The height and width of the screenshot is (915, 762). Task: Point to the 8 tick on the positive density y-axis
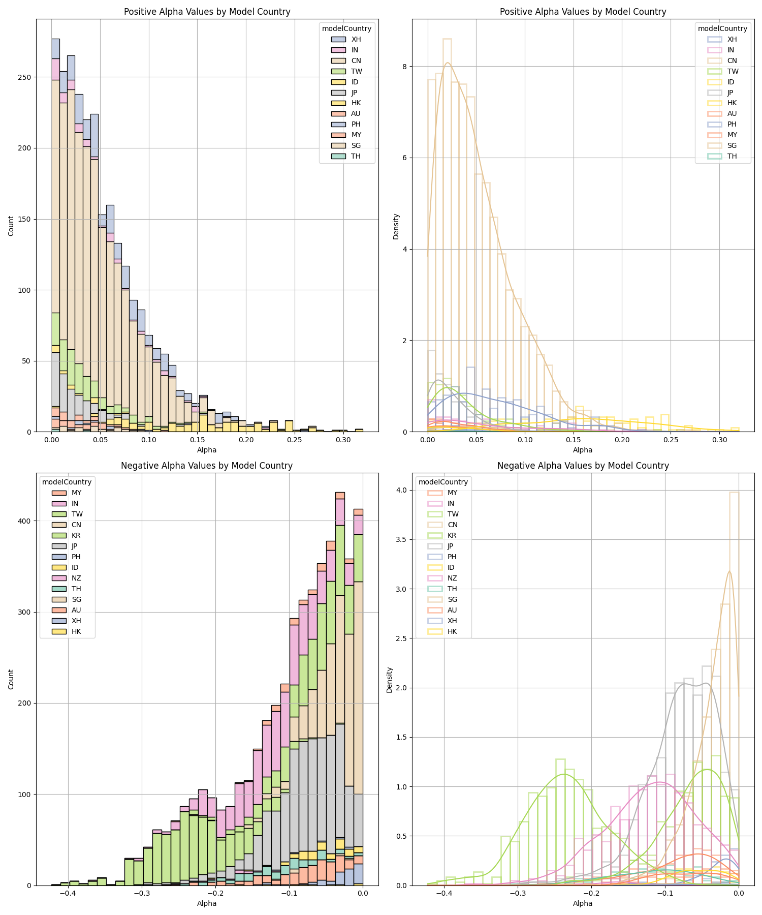(408, 67)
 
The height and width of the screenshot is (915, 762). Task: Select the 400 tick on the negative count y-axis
(25, 521)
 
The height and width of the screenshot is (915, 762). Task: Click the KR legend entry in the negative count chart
(76, 535)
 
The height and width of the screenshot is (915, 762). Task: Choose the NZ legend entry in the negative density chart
(452, 578)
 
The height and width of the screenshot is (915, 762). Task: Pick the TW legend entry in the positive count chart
(356, 71)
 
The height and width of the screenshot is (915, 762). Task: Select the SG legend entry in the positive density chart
(732, 145)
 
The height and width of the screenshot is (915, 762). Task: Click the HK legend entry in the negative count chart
(76, 631)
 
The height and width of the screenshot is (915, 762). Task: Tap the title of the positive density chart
(583, 12)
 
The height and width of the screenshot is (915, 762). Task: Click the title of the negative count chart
(207, 466)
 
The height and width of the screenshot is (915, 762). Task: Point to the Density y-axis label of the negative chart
(390, 680)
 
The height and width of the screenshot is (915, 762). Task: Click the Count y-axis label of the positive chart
(11, 226)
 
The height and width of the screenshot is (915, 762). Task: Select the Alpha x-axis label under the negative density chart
(583, 903)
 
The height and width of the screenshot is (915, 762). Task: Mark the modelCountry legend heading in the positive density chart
(722, 28)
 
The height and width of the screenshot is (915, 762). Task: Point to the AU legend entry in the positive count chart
(356, 114)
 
